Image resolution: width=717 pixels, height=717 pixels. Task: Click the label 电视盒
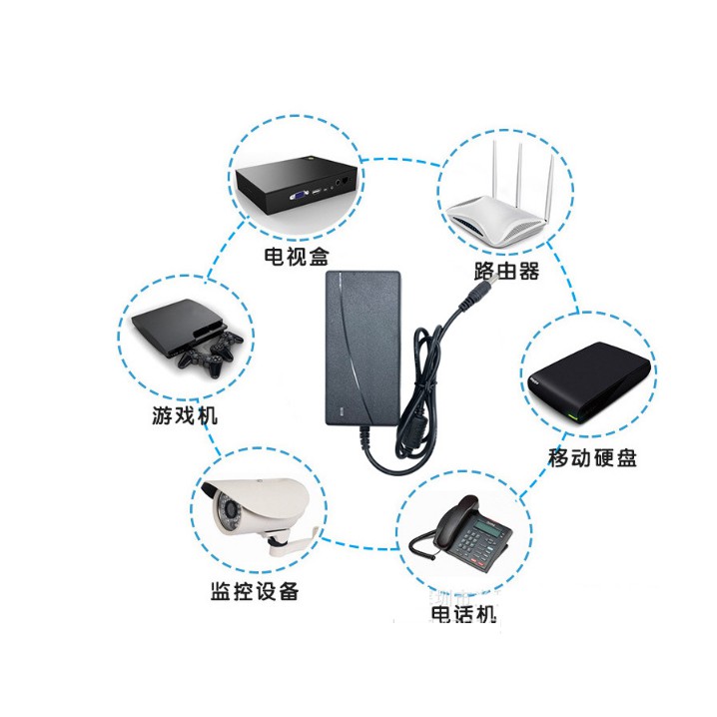tap(295, 257)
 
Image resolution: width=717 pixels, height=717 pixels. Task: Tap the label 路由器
tap(506, 271)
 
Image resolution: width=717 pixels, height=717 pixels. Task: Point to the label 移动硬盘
tap(592, 458)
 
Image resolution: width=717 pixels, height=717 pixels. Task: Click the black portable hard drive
tap(586, 384)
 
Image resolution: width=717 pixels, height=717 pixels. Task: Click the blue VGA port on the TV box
tap(299, 195)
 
